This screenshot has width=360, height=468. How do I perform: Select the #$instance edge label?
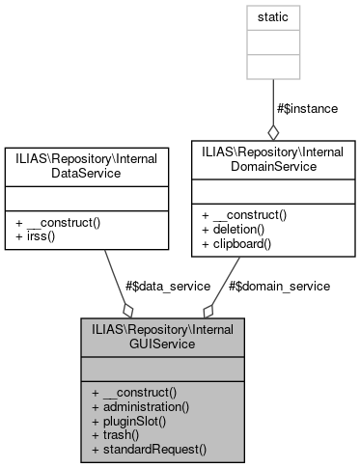(x=307, y=108)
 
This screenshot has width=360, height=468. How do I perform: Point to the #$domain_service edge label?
(x=279, y=286)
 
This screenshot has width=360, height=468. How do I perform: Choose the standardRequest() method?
(x=149, y=449)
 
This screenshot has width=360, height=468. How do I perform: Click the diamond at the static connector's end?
(x=273, y=131)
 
